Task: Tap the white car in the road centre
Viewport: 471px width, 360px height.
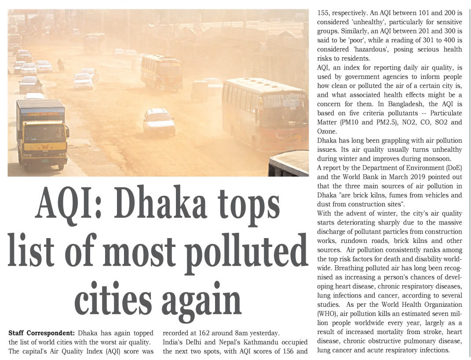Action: pos(159,122)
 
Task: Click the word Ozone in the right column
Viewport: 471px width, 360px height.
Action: pos(326,132)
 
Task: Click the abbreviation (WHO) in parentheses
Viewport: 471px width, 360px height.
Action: pos(326,313)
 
